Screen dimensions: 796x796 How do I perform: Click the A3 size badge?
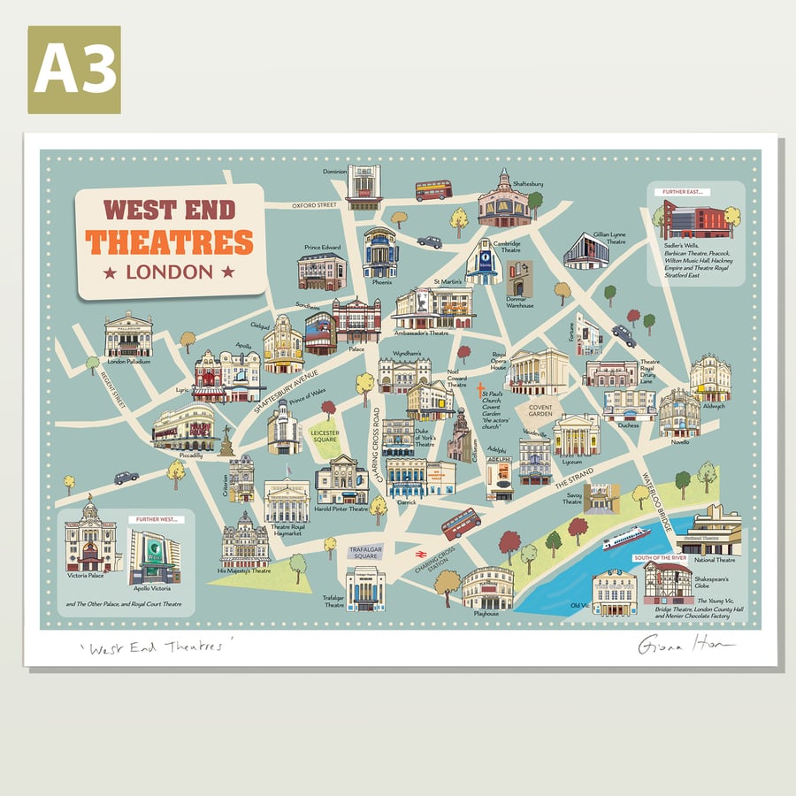pos(74,70)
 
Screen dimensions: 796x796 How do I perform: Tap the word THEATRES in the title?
pos(170,241)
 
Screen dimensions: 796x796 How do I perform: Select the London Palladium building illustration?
pos(128,334)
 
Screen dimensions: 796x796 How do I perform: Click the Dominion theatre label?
pos(334,172)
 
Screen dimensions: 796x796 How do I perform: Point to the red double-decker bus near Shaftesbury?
pos(433,190)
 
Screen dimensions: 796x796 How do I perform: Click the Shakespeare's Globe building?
pos(667,583)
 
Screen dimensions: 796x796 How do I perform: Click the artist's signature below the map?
pos(685,647)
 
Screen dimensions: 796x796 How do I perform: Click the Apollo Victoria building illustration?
pos(154,557)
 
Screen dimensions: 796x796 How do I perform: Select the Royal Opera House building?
pos(538,371)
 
